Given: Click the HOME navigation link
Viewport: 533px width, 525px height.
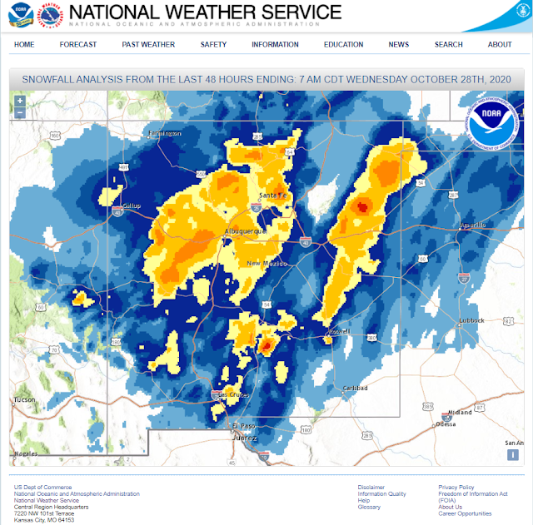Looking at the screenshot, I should point(24,44).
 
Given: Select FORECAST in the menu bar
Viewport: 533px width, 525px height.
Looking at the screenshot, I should point(78,44).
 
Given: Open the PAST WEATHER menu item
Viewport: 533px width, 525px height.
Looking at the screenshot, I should point(148,44).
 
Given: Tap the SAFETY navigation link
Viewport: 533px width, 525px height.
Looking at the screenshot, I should point(213,44).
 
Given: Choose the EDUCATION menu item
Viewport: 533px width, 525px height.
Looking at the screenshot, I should point(343,44).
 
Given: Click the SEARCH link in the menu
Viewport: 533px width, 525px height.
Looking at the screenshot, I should point(448,44).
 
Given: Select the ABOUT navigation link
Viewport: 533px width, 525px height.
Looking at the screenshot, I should point(500,44).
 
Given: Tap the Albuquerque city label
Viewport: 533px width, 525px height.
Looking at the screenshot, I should point(244,230).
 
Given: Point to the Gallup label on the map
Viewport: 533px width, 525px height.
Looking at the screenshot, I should point(132,206).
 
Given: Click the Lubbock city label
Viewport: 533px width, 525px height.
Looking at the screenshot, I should point(471,320).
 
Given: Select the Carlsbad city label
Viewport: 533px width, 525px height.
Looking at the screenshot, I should point(356,388).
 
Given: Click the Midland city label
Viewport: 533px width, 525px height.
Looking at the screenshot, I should point(460,412).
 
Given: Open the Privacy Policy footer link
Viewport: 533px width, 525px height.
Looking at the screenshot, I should point(456,487).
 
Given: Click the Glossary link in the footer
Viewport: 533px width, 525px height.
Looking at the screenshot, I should point(369,507).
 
